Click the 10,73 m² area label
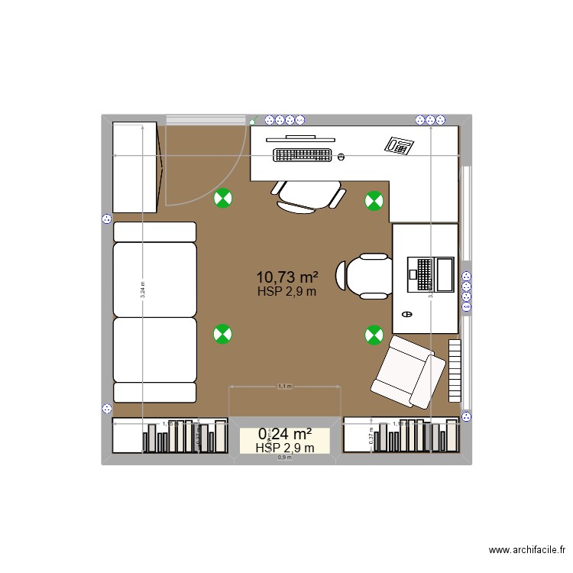[x=287, y=277]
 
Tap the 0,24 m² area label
[x=285, y=434]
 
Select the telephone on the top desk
[x=399, y=145]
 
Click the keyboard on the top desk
[x=303, y=155]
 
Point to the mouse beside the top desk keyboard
[x=340, y=157]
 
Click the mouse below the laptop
[x=406, y=313]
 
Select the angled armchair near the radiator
[x=408, y=371]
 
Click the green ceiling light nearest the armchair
[x=374, y=333]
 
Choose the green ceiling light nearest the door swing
[x=222, y=199]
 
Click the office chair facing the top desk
[x=309, y=196]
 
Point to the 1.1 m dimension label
[x=284, y=387]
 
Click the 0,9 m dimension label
[x=284, y=458]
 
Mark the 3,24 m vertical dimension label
[x=142, y=288]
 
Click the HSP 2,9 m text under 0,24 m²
[x=285, y=448]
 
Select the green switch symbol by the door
[x=252, y=120]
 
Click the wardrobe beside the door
[x=135, y=167]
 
